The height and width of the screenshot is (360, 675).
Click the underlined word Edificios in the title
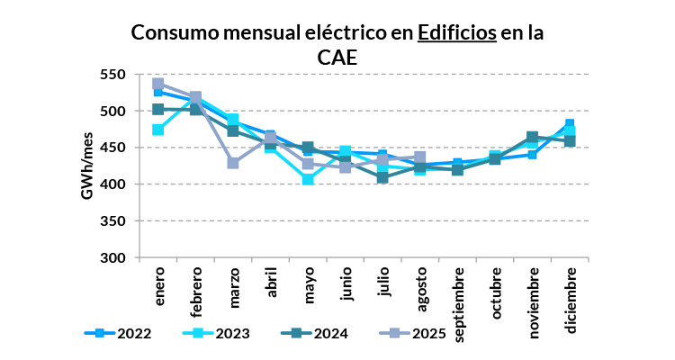coord(456,33)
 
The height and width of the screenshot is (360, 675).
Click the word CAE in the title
coord(338,57)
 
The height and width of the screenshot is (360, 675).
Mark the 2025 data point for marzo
coord(233,163)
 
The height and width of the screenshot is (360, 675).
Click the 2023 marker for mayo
coord(308,179)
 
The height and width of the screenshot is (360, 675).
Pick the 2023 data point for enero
coord(158,130)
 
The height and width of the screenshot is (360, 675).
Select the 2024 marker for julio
coord(382,177)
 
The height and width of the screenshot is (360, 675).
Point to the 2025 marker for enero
coord(158,84)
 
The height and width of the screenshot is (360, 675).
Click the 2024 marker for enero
coord(158,109)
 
